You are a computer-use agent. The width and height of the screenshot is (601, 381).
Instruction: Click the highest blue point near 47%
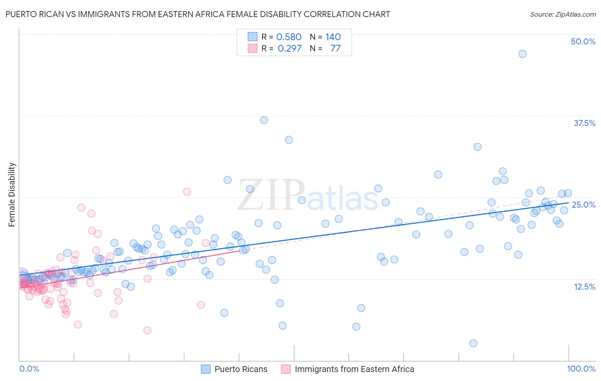[x=522, y=54]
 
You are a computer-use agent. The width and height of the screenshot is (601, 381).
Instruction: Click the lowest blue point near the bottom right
[x=473, y=343]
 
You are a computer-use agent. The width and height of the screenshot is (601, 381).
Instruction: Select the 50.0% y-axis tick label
[x=583, y=41]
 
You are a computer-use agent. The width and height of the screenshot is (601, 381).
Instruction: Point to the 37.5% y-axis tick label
[x=584, y=123]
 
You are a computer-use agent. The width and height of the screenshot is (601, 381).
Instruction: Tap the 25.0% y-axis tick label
[x=583, y=205]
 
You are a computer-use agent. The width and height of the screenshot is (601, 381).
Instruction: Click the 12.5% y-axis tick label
[x=584, y=287]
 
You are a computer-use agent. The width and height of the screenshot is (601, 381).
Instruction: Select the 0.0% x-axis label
[x=29, y=369]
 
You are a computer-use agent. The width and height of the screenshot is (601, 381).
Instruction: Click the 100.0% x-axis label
[x=581, y=369]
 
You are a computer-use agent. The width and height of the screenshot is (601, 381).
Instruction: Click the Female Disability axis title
[x=12, y=194]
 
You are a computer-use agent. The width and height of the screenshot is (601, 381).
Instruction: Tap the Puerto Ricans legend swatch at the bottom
[x=206, y=369]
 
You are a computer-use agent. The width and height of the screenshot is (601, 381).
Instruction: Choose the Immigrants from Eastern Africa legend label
[x=354, y=369]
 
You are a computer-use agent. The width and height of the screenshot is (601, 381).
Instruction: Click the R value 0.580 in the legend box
[x=289, y=37]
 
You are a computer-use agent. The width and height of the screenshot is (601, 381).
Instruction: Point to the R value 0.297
[x=289, y=49]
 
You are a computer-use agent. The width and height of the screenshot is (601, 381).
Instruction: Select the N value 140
[x=333, y=37]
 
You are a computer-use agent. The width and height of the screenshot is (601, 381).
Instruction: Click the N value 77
[x=336, y=49]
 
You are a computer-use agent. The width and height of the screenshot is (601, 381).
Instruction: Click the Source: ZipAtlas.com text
[x=563, y=15]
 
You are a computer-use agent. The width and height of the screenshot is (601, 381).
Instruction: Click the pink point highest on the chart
[x=187, y=192]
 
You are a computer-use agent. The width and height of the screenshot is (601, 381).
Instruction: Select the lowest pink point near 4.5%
[x=147, y=331]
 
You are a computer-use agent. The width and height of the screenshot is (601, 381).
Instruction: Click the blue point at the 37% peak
[x=264, y=120]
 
